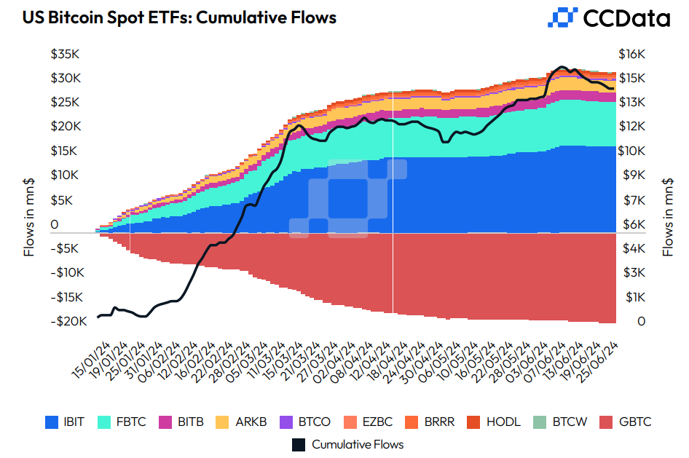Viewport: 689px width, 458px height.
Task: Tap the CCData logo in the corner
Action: point(608,17)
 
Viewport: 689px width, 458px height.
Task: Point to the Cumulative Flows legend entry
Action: point(348,444)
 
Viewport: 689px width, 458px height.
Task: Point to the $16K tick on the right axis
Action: point(631,54)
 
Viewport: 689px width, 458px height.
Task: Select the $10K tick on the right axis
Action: point(631,151)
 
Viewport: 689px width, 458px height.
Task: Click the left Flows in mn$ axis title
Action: point(30,218)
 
